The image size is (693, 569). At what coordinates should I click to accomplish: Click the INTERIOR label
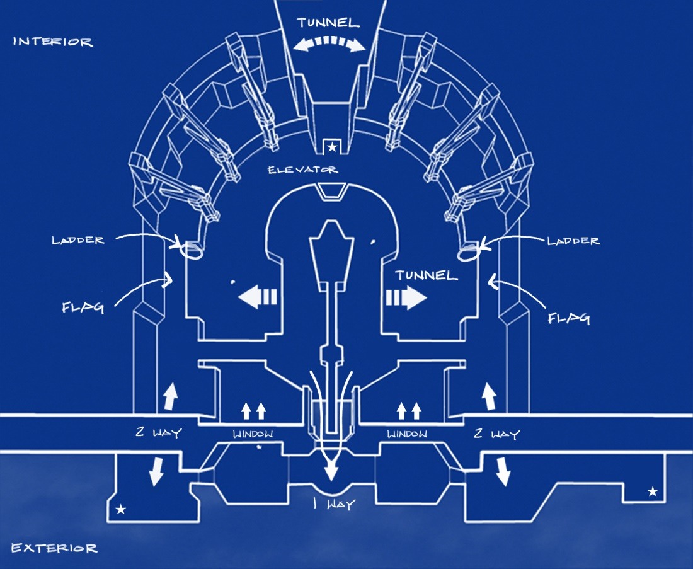click(x=53, y=42)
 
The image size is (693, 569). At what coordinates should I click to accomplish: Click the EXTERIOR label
click(x=54, y=548)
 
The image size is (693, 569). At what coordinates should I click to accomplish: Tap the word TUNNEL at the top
click(x=328, y=23)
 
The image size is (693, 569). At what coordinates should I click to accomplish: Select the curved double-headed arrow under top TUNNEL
click(x=329, y=42)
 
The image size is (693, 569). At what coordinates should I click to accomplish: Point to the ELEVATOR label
click(x=303, y=170)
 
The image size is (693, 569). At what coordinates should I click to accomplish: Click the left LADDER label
click(x=78, y=241)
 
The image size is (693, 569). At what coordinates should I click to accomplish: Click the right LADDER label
click(x=573, y=241)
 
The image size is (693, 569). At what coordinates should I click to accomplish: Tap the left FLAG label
click(x=83, y=307)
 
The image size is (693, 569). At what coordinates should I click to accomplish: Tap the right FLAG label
click(x=569, y=318)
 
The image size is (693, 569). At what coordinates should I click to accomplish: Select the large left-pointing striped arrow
click(x=258, y=297)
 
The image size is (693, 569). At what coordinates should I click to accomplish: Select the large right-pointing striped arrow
click(x=406, y=297)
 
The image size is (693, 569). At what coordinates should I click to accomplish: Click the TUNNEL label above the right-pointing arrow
click(x=426, y=275)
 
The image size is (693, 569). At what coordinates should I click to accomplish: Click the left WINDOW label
click(x=253, y=434)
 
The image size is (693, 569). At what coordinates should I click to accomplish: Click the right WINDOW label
click(x=407, y=434)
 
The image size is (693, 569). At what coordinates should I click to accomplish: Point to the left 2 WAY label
click(x=158, y=432)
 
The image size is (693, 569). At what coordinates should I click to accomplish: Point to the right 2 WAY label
click(x=496, y=434)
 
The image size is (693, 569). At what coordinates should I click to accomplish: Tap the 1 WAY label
click(x=335, y=503)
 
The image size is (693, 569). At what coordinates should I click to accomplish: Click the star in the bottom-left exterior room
click(x=120, y=510)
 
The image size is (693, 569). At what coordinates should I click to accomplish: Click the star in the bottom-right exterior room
click(x=652, y=491)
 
